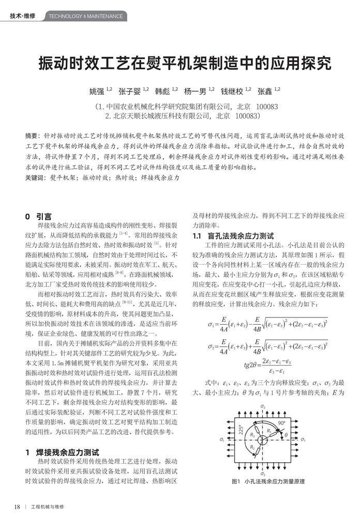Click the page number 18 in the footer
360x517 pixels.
(17, 506)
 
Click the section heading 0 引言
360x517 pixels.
(38, 216)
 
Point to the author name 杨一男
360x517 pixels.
(196, 92)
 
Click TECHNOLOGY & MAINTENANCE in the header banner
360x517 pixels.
(86, 16)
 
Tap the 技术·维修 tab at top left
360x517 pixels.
(23, 16)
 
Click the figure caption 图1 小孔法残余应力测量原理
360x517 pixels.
(268, 481)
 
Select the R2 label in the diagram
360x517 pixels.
(253, 448)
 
